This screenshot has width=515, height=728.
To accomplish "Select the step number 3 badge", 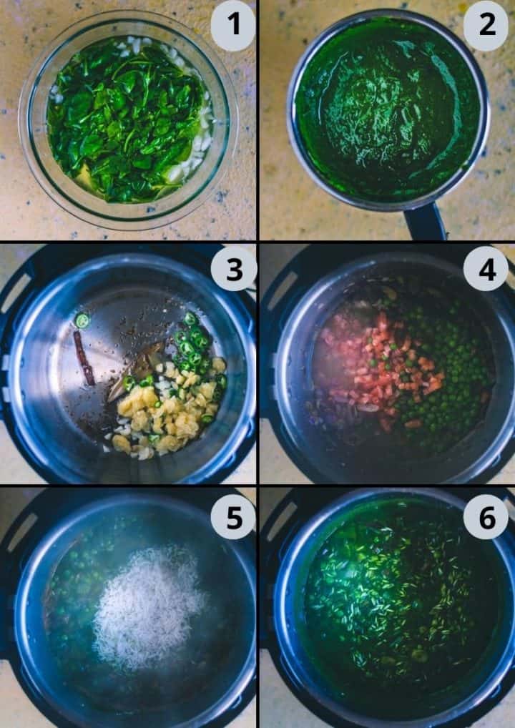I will click(x=234, y=270).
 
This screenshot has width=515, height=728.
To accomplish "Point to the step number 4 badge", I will click(x=486, y=270).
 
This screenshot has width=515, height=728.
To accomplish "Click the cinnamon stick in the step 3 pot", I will click(x=84, y=357).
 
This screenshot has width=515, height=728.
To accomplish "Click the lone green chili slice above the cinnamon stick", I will click(x=82, y=321).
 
